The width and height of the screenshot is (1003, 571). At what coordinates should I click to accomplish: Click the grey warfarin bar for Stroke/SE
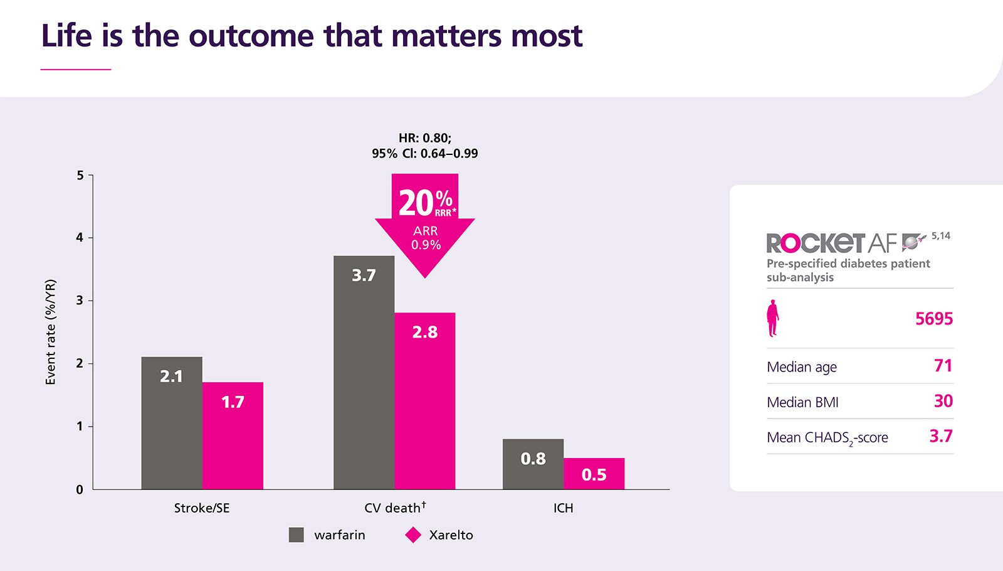tap(172, 423)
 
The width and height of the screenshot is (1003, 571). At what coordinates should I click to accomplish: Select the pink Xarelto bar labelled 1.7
tap(233, 435)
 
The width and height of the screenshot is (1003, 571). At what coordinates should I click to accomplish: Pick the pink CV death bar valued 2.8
tap(424, 401)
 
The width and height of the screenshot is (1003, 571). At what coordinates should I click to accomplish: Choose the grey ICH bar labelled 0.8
tap(533, 464)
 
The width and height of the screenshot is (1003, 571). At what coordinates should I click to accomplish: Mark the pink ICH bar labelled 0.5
tap(594, 474)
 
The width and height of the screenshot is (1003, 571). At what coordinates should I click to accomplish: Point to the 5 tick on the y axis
tap(80, 175)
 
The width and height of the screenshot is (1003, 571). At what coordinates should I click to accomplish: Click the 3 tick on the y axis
tap(80, 301)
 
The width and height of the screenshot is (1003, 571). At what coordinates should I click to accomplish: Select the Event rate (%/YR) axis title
tap(51, 332)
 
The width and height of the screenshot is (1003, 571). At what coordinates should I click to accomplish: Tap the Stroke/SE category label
tap(202, 508)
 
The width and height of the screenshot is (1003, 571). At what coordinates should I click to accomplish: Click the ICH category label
tap(563, 508)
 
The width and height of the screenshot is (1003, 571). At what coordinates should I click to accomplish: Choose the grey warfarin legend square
tap(296, 535)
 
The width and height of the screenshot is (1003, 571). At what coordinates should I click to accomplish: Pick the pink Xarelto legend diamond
tap(413, 535)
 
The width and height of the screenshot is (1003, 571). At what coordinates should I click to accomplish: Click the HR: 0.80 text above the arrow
tap(425, 138)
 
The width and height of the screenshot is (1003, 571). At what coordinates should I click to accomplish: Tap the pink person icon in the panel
tap(773, 318)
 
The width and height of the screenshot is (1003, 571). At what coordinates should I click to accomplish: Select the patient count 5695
tap(933, 319)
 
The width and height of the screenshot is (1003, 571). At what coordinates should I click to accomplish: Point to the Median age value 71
tap(943, 366)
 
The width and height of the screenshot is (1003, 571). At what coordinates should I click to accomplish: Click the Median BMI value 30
tap(943, 401)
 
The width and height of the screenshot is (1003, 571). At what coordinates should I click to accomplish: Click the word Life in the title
tap(67, 36)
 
